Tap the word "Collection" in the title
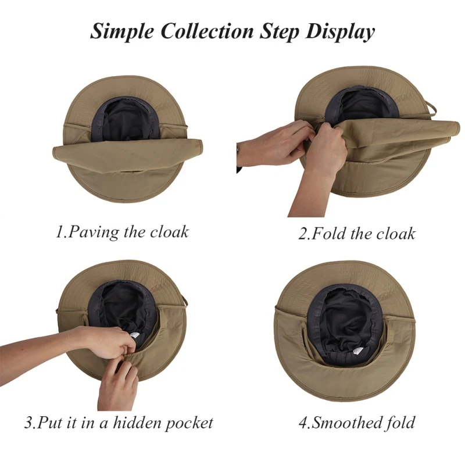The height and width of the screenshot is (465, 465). [x=208, y=31]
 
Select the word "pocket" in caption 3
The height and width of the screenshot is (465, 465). [x=188, y=423]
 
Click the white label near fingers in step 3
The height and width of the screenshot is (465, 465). [x=134, y=335]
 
